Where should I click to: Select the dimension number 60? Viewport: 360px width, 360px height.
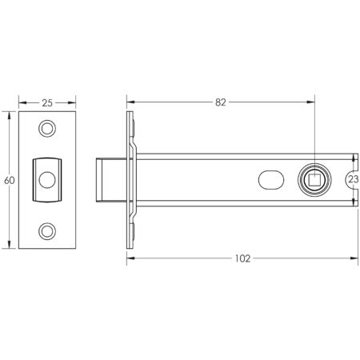point(9,180)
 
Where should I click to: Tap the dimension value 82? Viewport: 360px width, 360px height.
point(221,102)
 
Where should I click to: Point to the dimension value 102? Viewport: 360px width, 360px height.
point(243,258)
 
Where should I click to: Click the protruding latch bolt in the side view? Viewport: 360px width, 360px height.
point(110,180)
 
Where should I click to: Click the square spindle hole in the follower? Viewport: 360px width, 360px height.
point(314,179)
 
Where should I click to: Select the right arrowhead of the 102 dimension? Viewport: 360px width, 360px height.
point(354,258)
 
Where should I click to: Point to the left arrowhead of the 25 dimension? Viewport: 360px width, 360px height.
point(22,102)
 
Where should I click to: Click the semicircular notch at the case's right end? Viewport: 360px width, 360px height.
point(353,180)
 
